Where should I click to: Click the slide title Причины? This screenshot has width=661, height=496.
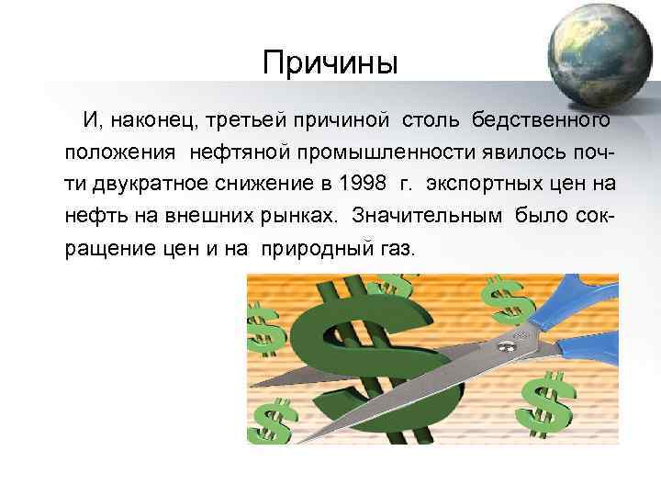coord(330,63)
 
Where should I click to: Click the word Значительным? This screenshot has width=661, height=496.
coord(441,215)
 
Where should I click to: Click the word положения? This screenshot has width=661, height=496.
coord(122,151)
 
